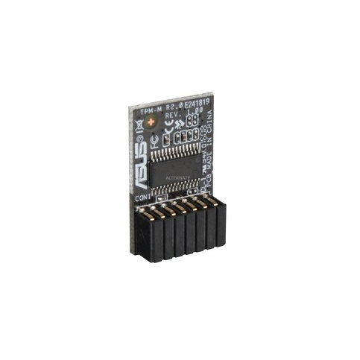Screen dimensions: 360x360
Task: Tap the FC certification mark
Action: click(155, 142)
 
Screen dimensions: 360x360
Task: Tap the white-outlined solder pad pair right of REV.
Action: click(192, 119)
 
